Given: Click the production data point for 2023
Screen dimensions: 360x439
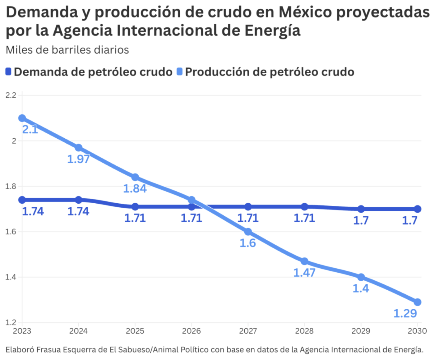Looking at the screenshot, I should pyautogui.click(x=22, y=118).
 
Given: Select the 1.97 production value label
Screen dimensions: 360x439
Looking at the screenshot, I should pyautogui.click(x=78, y=159).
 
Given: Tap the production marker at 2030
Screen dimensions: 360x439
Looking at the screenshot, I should pyautogui.click(x=417, y=302).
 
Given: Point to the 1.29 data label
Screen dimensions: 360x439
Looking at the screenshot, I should pyautogui.click(x=405, y=313).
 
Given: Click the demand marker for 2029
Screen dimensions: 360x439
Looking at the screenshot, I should pyautogui.click(x=361, y=209).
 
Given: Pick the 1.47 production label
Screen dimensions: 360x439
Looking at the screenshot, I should pyautogui.click(x=304, y=273).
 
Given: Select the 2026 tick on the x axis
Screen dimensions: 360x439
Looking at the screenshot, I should pyautogui.click(x=192, y=331).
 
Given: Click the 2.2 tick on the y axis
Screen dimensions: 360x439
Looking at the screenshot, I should pyautogui.click(x=11, y=95).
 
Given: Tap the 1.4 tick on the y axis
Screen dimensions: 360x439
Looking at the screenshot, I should pyautogui.click(x=11, y=277).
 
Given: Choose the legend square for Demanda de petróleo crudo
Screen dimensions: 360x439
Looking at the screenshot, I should pyautogui.click(x=8, y=72).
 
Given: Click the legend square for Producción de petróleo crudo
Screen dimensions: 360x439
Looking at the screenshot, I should pyautogui.click(x=179, y=72).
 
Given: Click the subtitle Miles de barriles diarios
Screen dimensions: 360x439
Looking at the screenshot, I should pyautogui.click(x=67, y=50).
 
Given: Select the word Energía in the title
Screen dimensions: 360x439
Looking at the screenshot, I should pyautogui.click(x=272, y=30).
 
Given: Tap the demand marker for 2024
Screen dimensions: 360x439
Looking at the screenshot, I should pyautogui.click(x=79, y=200).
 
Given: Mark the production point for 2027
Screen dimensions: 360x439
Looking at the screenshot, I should pyautogui.click(x=248, y=232).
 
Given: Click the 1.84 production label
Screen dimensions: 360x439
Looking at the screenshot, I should pyautogui.click(x=135, y=189).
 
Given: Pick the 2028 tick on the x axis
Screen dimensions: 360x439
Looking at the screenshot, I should pyautogui.click(x=304, y=331).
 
